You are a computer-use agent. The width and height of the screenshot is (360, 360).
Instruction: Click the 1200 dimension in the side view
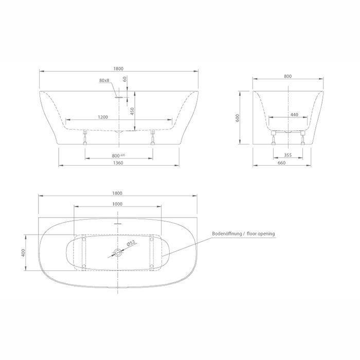[103, 117]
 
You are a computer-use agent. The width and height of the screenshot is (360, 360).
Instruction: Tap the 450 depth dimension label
[132, 111]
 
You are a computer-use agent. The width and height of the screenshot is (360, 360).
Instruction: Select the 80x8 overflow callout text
[104, 80]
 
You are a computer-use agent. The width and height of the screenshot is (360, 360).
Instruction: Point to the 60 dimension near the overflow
[125, 79]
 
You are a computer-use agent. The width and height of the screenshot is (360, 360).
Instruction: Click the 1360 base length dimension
[118, 163]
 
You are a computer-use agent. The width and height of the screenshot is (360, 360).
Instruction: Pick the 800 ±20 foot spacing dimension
[118, 156]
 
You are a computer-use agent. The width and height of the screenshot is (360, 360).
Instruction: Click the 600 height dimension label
[238, 118]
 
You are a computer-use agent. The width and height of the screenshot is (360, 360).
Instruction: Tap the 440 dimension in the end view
[294, 115]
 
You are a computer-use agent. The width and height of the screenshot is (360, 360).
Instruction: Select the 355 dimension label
[287, 155]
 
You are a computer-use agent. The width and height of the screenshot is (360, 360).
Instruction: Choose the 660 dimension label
[281, 163]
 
